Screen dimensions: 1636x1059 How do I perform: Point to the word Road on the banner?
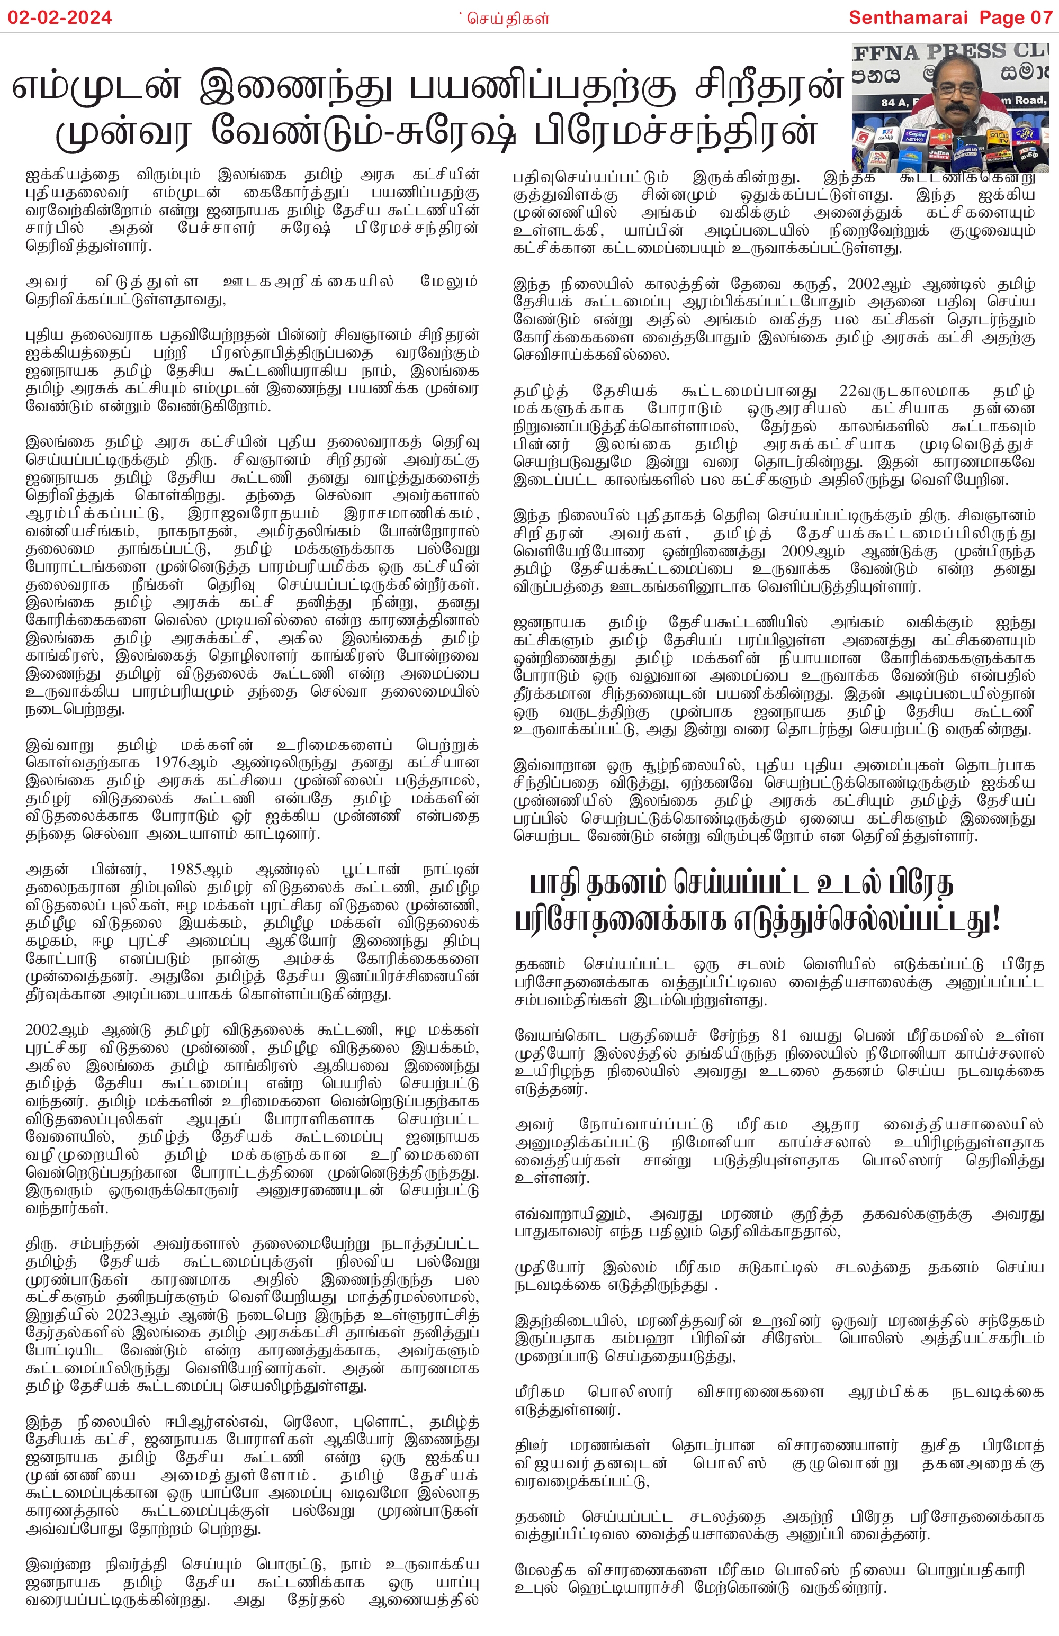pos(1029,101)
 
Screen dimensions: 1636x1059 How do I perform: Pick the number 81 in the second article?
pos(778,1035)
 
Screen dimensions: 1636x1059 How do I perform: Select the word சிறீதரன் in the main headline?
pos(768,87)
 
